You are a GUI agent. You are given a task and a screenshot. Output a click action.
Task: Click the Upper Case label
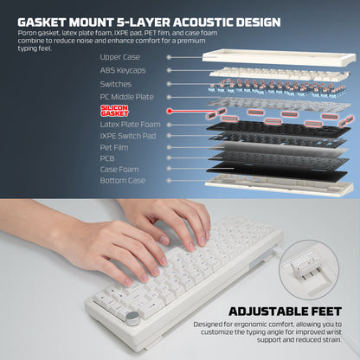[119, 56]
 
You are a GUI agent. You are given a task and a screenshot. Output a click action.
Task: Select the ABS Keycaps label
[122, 70]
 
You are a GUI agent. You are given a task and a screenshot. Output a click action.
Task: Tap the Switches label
[115, 84]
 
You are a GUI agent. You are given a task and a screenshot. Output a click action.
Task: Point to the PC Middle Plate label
[126, 97]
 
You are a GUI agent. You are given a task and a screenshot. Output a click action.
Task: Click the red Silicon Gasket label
[114, 111]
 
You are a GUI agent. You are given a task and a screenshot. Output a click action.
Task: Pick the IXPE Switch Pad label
[127, 136]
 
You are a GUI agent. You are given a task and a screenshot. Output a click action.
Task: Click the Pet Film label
[114, 147]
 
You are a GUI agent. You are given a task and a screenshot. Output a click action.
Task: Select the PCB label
[107, 158]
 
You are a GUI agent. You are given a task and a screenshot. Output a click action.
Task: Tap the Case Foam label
[119, 170]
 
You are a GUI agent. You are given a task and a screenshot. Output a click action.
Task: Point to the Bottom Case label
[121, 181]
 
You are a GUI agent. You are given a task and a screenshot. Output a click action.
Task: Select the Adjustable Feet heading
[294, 312]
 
